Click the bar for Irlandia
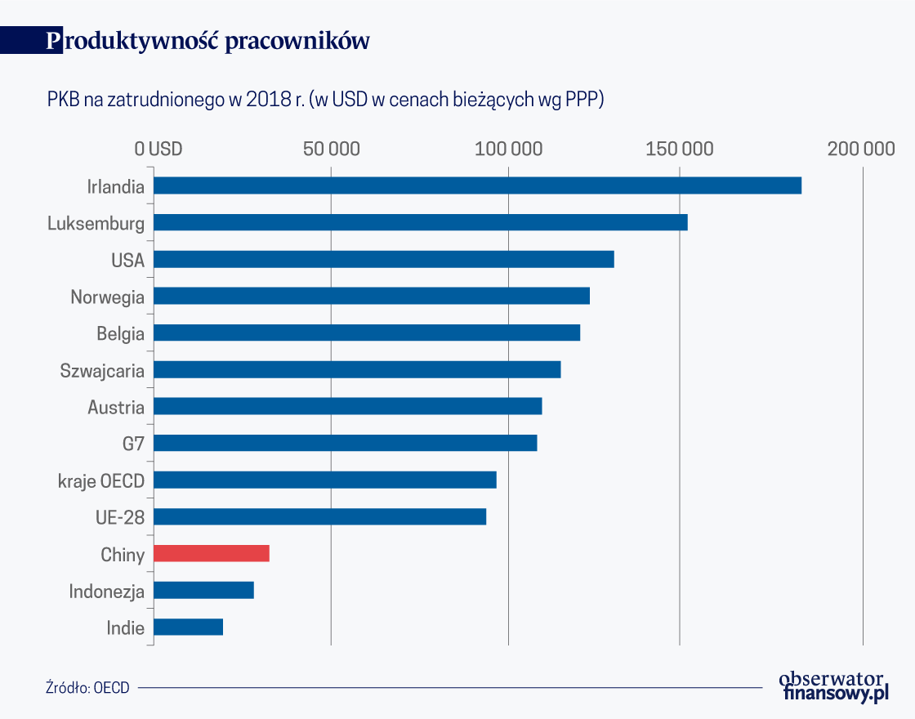(477, 185)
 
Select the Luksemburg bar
(420, 222)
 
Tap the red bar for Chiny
(211, 553)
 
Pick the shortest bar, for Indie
(188, 627)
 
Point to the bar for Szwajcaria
(357, 369)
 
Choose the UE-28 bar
(319, 516)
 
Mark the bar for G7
(345, 443)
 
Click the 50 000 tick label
(332, 149)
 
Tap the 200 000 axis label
(861, 149)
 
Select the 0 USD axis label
(158, 149)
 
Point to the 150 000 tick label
(680, 149)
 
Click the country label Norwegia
(107, 297)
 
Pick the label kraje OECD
(101, 481)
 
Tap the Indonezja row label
(106, 592)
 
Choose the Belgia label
(120, 333)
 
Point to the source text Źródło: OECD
(87, 687)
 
